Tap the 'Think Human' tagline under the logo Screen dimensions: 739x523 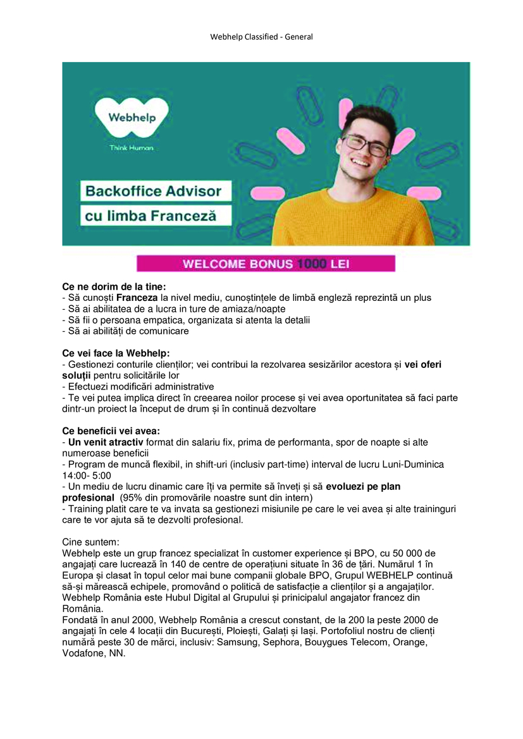[131, 148]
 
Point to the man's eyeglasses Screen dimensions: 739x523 [366, 145]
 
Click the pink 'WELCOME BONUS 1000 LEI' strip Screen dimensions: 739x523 [266, 264]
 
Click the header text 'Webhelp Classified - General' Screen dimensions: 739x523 [261, 37]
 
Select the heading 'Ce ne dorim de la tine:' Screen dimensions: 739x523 [114, 287]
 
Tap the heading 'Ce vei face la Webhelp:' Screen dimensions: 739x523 [116, 353]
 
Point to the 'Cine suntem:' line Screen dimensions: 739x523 [90, 542]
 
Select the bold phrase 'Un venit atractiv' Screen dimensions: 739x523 [106, 442]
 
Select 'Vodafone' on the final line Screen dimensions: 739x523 [84, 654]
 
